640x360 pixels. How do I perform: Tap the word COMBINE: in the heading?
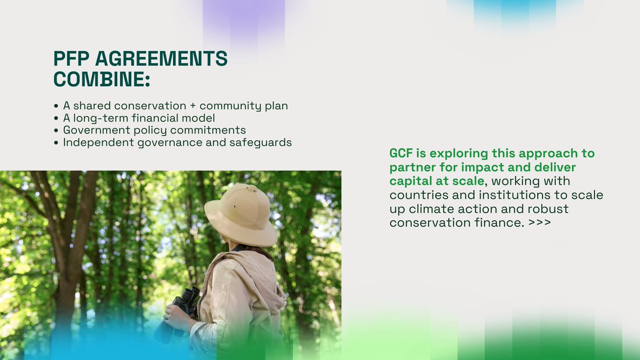[101, 79]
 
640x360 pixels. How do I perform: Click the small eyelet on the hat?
[233, 206]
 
